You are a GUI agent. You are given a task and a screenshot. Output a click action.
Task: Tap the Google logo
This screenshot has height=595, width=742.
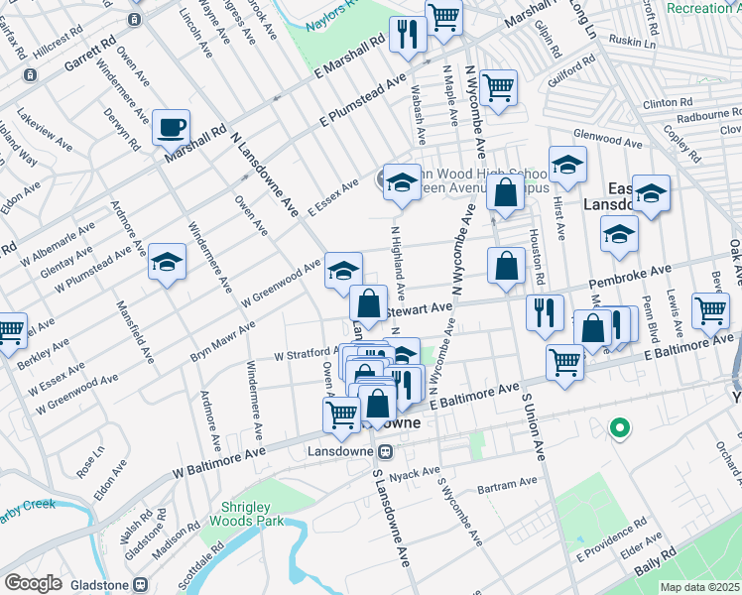coord(34,583)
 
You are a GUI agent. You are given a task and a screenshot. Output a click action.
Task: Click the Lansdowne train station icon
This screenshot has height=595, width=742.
coord(391,451)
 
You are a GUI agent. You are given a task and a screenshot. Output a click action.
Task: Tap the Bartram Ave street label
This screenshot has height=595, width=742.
coord(506,486)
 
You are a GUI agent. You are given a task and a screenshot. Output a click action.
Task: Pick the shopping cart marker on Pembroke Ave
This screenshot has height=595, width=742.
coord(710,309)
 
